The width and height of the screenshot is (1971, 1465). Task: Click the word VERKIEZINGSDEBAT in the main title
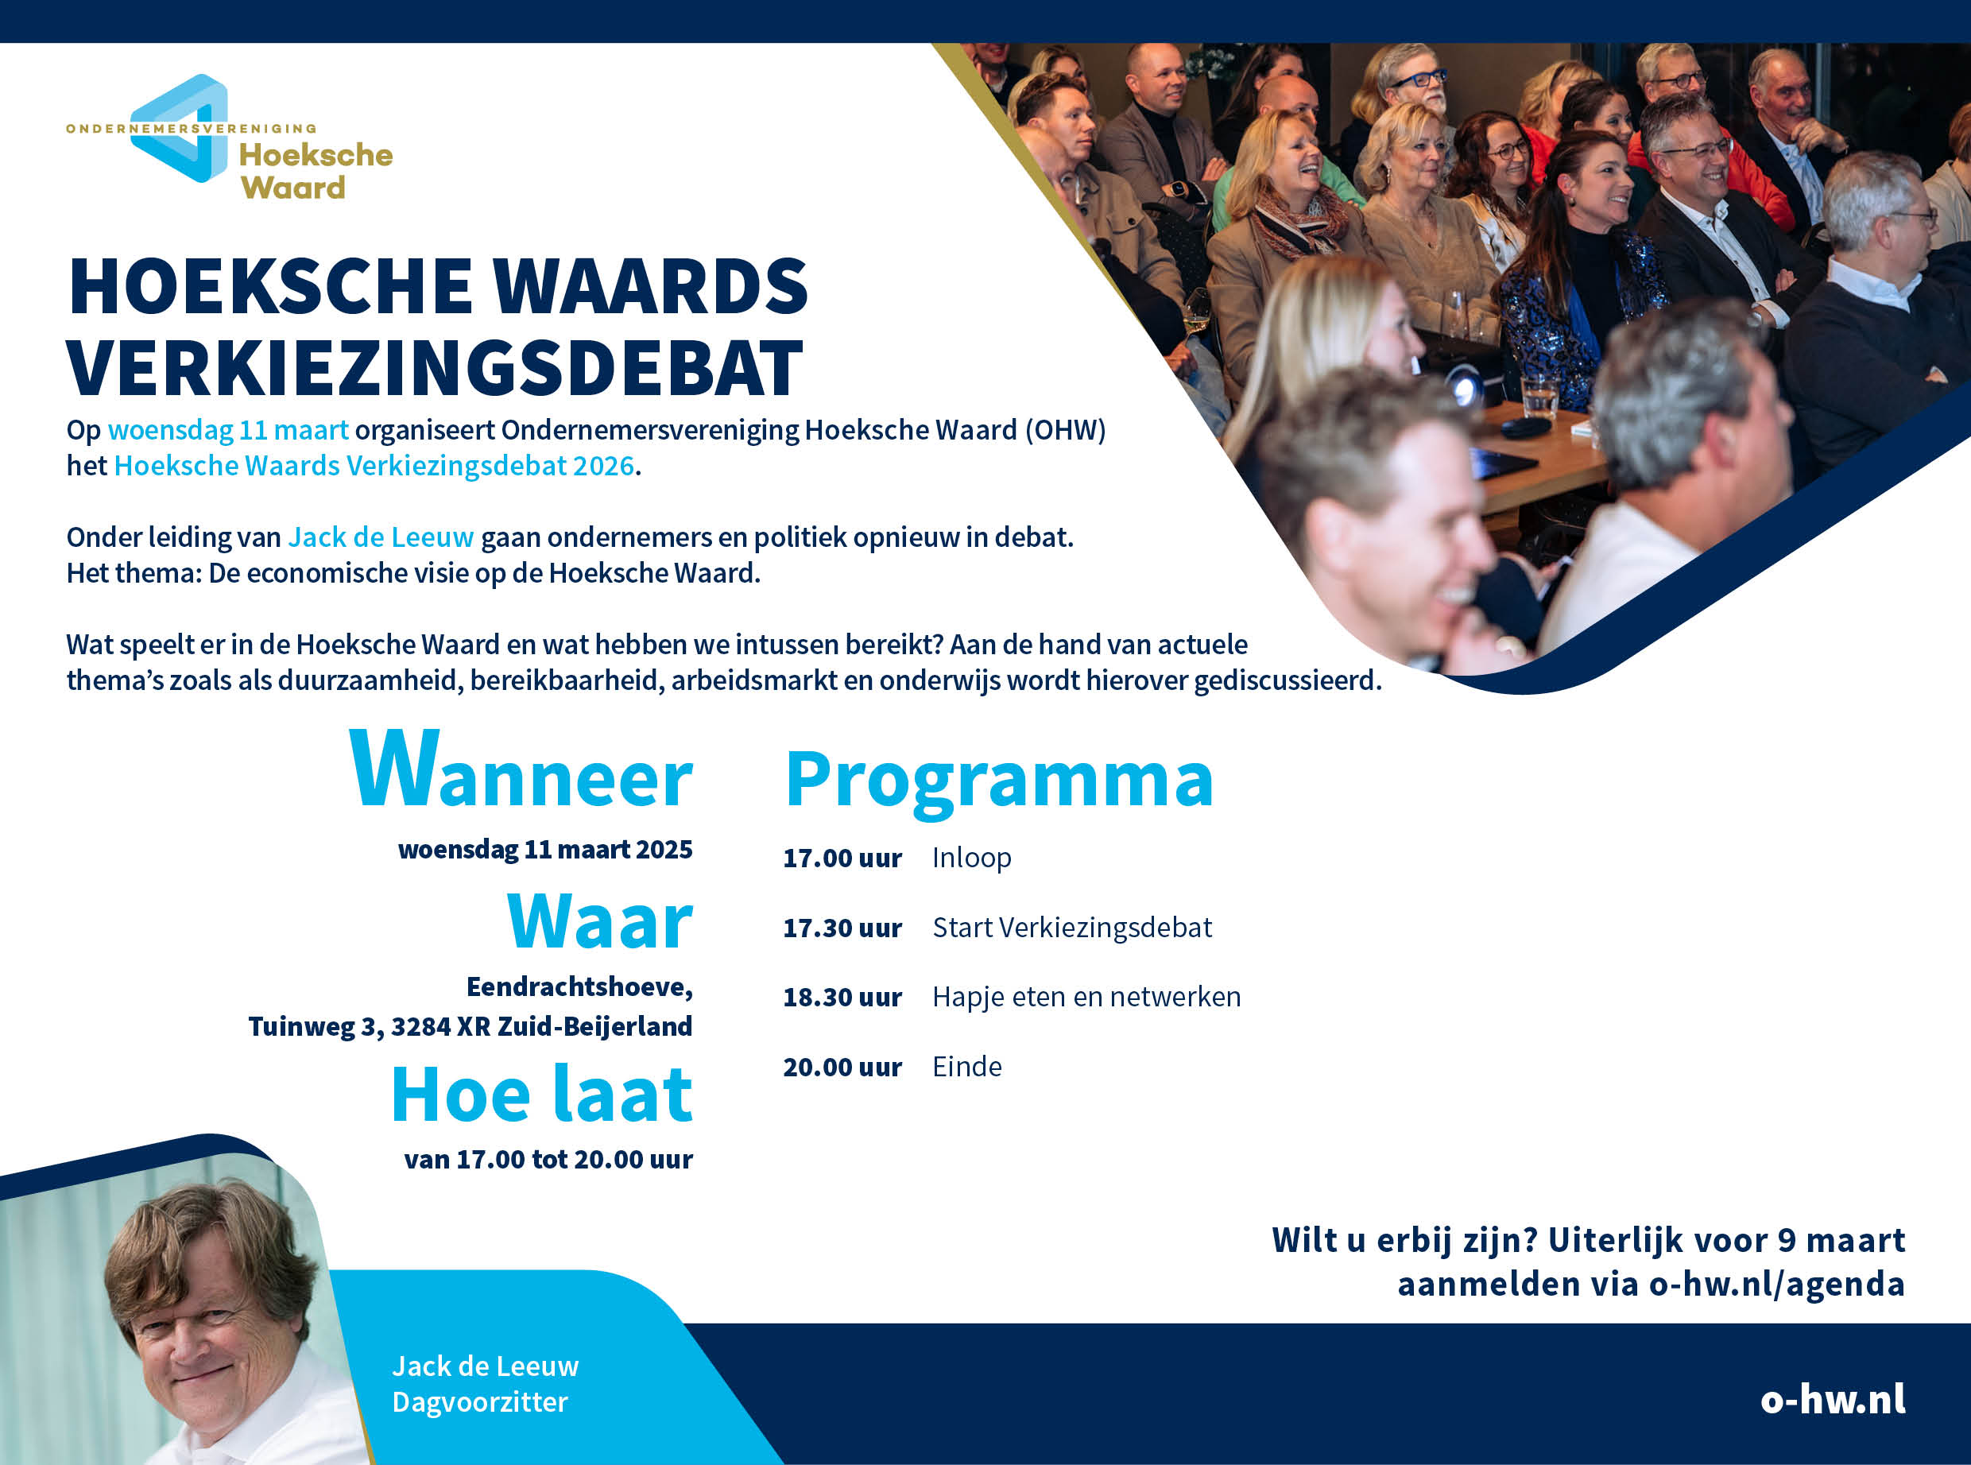(x=435, y=368)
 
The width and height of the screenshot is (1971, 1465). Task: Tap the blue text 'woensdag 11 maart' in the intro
(x=228, y=430)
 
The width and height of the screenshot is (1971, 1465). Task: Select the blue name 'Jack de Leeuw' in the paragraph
(x=381, y=537)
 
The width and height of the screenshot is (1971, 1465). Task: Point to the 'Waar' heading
(x=599, y=921)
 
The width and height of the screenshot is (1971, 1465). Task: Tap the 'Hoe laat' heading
(x=542, y=1095)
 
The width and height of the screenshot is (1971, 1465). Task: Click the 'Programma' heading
(x=999, y=780)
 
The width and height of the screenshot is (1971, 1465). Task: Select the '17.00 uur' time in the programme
(x=842, y=858)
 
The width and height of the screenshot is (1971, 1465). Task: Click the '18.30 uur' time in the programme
(x=842, y=998)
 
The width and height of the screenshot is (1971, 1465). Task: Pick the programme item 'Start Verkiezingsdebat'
(x=1072, y=928)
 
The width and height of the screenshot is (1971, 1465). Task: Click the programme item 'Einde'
(x=967, y=1067)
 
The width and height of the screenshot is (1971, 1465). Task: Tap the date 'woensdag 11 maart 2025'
(x=545, y=850)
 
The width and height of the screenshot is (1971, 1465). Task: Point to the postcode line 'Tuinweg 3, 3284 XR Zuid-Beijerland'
(x=470, y=1027)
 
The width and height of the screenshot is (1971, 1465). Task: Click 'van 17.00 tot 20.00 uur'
(x=548, y=1160)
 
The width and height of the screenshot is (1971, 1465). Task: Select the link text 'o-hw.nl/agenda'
(x=1777, y=1284)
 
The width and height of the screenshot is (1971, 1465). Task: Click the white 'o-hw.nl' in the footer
(x=1833, y=1399)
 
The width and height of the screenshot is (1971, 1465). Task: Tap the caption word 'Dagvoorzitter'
(x=480, y=1402)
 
